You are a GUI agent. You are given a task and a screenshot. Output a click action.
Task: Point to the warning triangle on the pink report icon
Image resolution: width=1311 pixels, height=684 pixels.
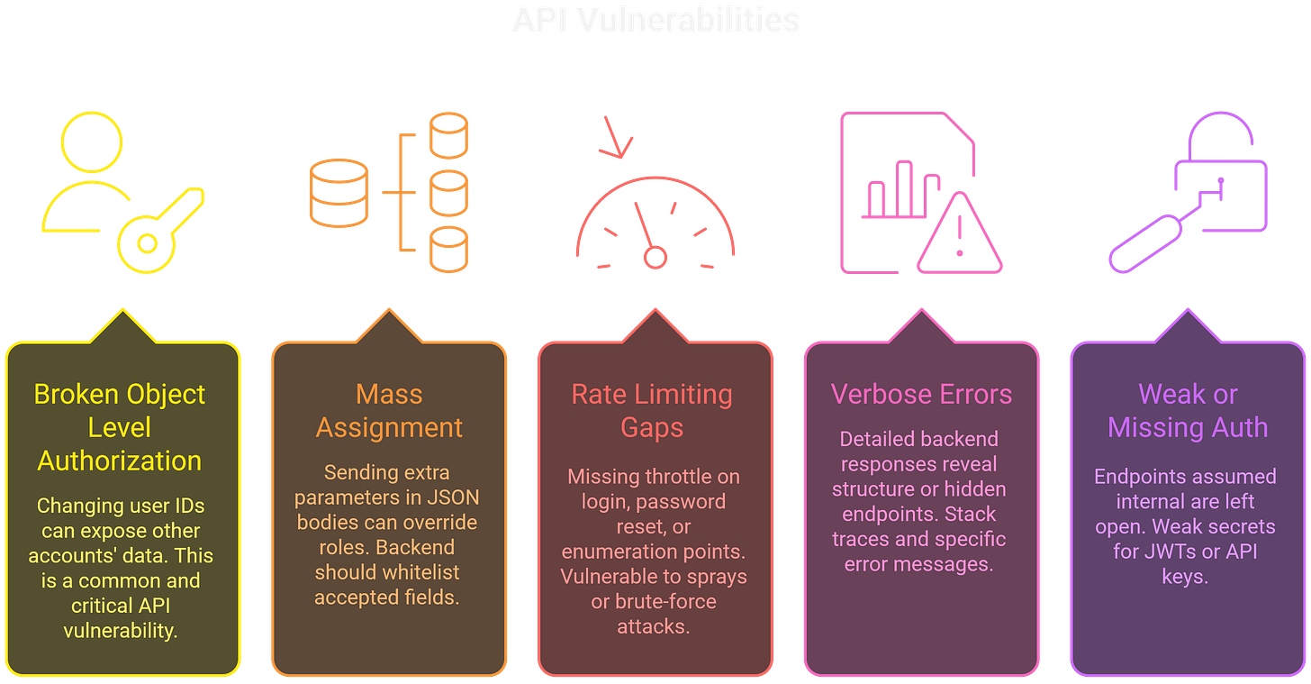coord(959,236)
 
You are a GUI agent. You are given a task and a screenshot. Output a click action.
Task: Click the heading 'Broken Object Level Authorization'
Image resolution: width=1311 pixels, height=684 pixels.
coord(120,427)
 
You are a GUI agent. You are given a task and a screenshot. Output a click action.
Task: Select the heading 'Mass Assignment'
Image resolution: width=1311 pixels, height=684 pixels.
coord(389,411)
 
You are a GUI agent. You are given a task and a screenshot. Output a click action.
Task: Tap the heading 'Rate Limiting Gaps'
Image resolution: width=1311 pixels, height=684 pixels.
coord(652,411)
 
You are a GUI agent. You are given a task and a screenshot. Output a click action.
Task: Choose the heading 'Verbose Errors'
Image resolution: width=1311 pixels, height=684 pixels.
coord(921,395)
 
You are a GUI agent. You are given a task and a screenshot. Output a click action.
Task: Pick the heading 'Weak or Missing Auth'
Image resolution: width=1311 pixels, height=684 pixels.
coord(1188,411)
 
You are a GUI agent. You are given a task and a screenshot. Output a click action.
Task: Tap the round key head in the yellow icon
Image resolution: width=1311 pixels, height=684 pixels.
coord(143,242)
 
